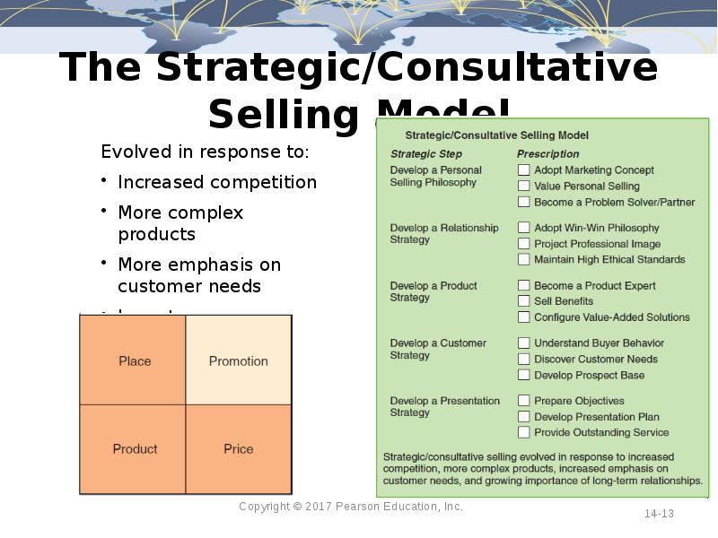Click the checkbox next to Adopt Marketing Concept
point(523,169)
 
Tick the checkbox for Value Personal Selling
point(523,186)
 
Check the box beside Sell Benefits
point(523,301)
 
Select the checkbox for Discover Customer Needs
point(523,359)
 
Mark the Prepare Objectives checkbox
point(523,401)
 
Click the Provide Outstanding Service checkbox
point(523,432)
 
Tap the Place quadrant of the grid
point(135,361)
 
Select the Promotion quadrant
point(239,361)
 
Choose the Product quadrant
point(135,448)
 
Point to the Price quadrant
point(239,448)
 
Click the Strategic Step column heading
point(426,154)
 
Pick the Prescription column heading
point(547,154)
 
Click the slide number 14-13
point(659,514)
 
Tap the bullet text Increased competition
point(217,182)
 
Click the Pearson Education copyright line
point(351,507)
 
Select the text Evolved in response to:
point(205,152)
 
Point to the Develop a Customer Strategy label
point(438,349)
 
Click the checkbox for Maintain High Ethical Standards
point(523,259)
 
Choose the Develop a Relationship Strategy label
point(443,233)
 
